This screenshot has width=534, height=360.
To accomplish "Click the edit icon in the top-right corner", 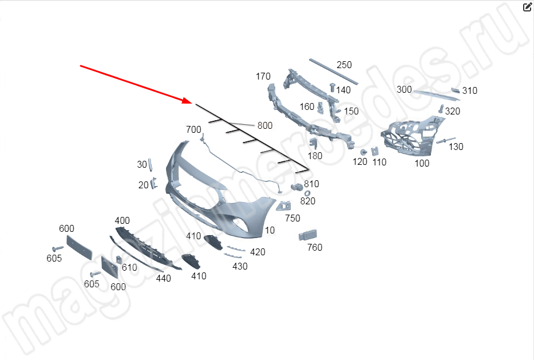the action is (x=527, y=7).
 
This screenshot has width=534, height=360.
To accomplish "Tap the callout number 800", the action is (x=264, y=126).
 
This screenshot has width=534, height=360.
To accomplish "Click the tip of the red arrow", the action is (x=192, y=102).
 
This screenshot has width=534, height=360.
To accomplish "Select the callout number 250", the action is (x=344, y=65).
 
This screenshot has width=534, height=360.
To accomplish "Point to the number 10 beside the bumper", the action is (x=270, y=230).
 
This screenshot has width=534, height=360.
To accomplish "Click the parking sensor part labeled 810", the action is (x=296, y=187).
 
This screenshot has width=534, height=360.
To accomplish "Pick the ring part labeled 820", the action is (x=307, y=193).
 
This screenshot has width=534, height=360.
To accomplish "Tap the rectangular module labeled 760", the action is (x=307, y=235).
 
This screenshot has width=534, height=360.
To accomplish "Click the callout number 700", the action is (x=193, y=130).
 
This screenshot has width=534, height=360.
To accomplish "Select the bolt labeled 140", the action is (x=333, y=87).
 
